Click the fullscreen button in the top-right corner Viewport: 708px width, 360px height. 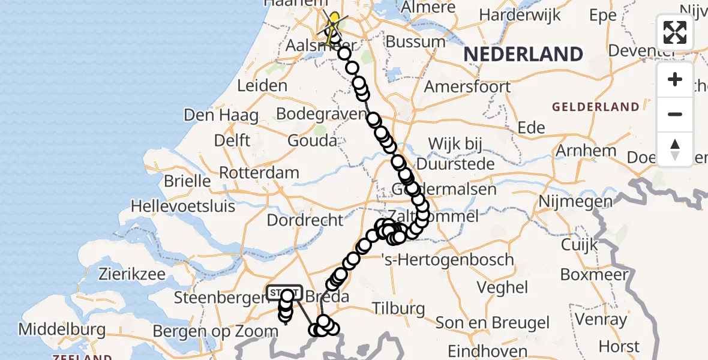(x=675, y=32)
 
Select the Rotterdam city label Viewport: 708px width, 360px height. (x=259, y=173)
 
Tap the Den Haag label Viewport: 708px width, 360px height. (x=221, y=115)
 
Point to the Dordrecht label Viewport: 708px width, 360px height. (x=305, y=220)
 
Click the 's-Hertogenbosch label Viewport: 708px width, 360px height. (x=448, y=260)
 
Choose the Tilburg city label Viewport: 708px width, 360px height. (x=398, y=309)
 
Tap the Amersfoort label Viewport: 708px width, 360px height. (x=467, y=86)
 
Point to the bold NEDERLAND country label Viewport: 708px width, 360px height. (x=523, y=55)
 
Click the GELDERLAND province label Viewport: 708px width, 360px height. (x=596, y=107)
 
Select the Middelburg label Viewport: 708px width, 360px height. (x=62, y=329)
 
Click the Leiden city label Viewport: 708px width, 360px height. (x=262, y=86)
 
